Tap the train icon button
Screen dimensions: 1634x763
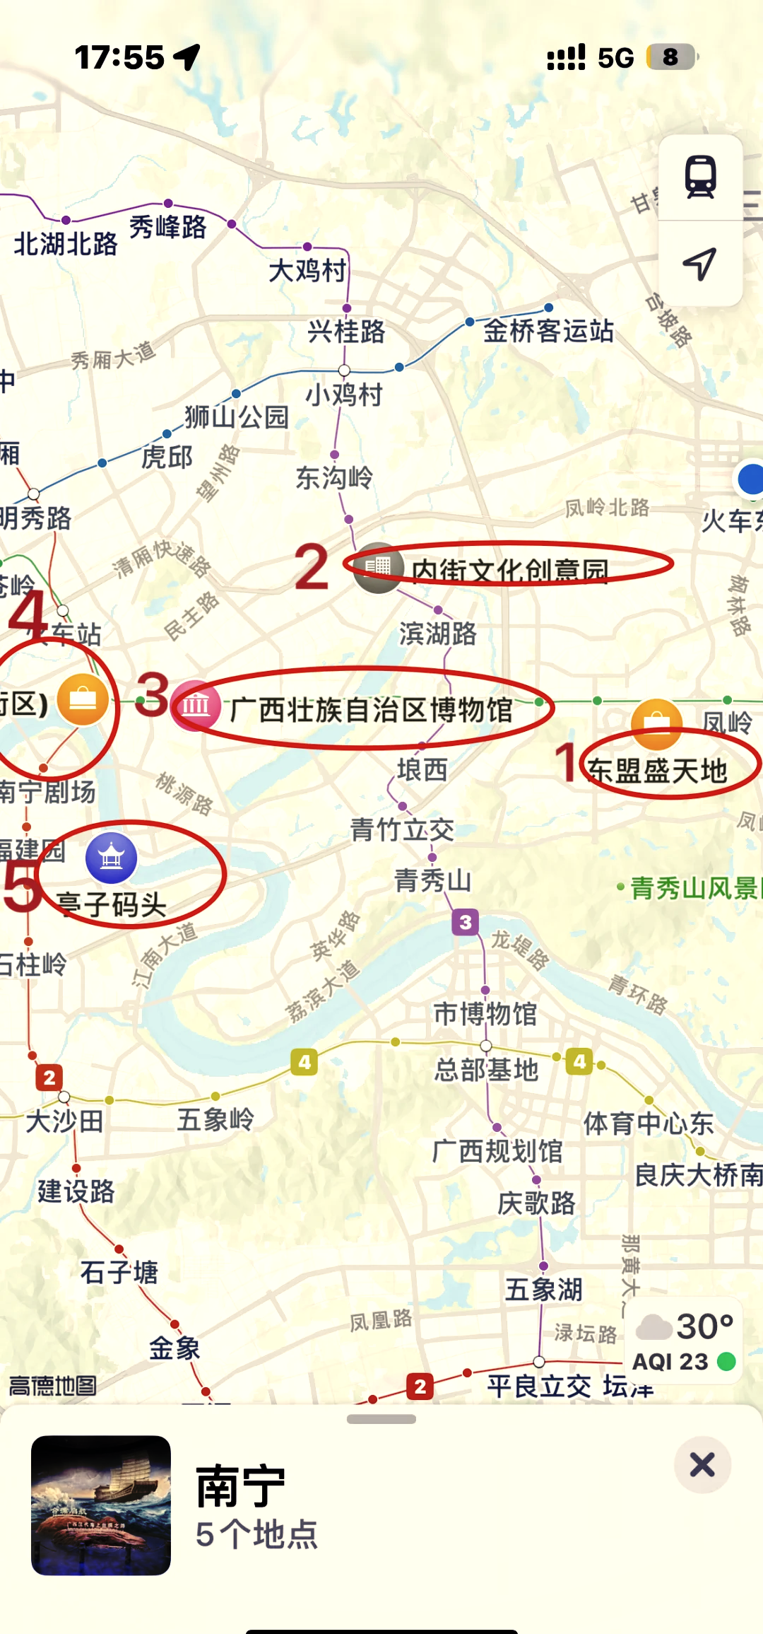(x=700, y=177)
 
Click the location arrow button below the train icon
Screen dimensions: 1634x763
(x=700, y=264)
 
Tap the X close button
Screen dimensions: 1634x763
(x=702, y=1464)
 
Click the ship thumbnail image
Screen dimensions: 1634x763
(x=101, y=1505)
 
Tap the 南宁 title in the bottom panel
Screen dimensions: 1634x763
(x=240, y=1486)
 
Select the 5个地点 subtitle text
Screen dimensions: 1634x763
(x=256, y=1535)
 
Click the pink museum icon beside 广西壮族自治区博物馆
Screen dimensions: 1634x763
(x=196, y=705)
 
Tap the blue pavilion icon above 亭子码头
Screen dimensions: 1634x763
(x=111, y=858)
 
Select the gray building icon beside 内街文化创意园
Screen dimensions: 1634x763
(x=378, y=566)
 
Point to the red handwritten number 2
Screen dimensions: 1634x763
(x=312, y=567)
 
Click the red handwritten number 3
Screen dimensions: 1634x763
(x=153, y=695)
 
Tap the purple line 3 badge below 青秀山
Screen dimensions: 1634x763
(x=465, y=922)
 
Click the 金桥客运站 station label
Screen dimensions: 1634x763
(x=548, y=331)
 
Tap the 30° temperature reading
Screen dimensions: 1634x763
(x=704, y=1326)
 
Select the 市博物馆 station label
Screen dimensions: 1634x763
(x=485, y=1014)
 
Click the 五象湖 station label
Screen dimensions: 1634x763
(x=543, y=1289)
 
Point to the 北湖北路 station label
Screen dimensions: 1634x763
(x=66, y=244)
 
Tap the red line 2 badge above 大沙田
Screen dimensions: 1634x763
(x=49, y=1078)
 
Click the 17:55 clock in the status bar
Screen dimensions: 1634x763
(x=119, y=57)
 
